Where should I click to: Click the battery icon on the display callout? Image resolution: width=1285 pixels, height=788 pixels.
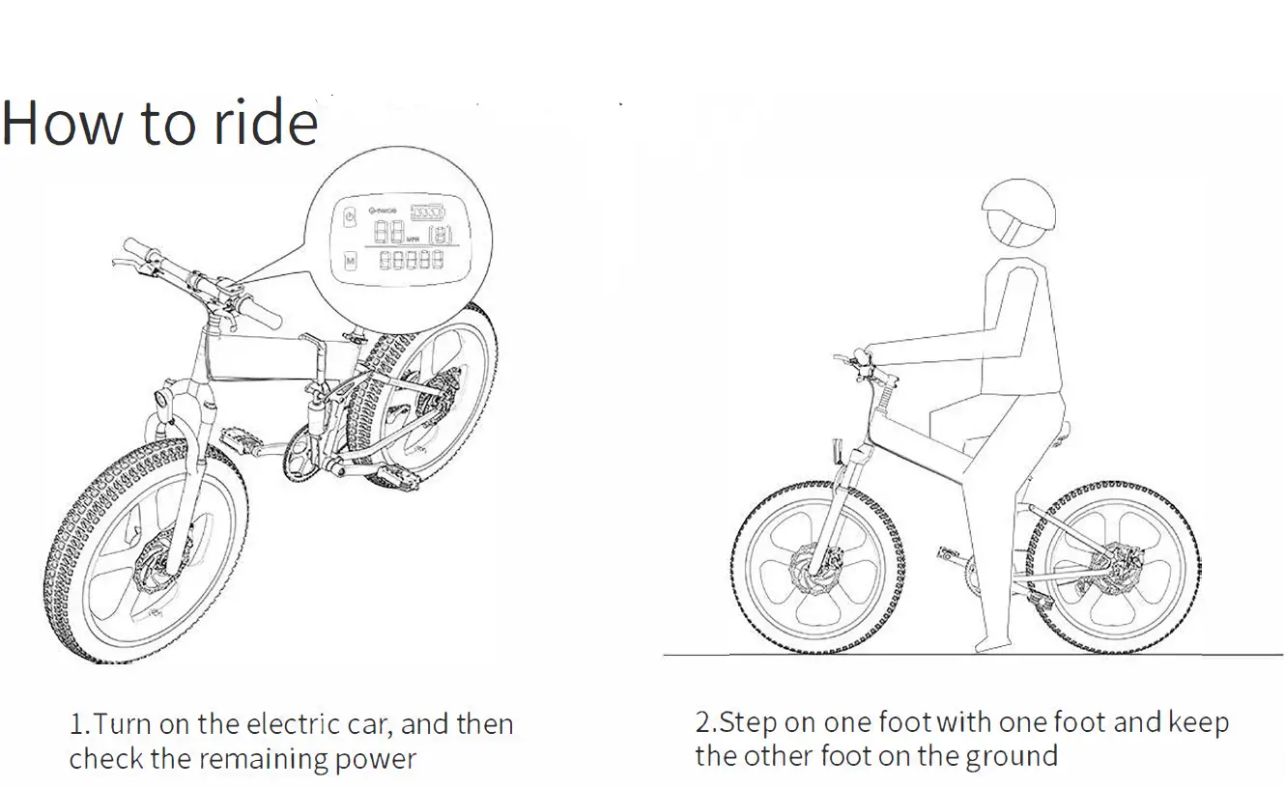[x=429, y=211]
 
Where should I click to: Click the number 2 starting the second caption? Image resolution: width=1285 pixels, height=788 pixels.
[x=702, y=722]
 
